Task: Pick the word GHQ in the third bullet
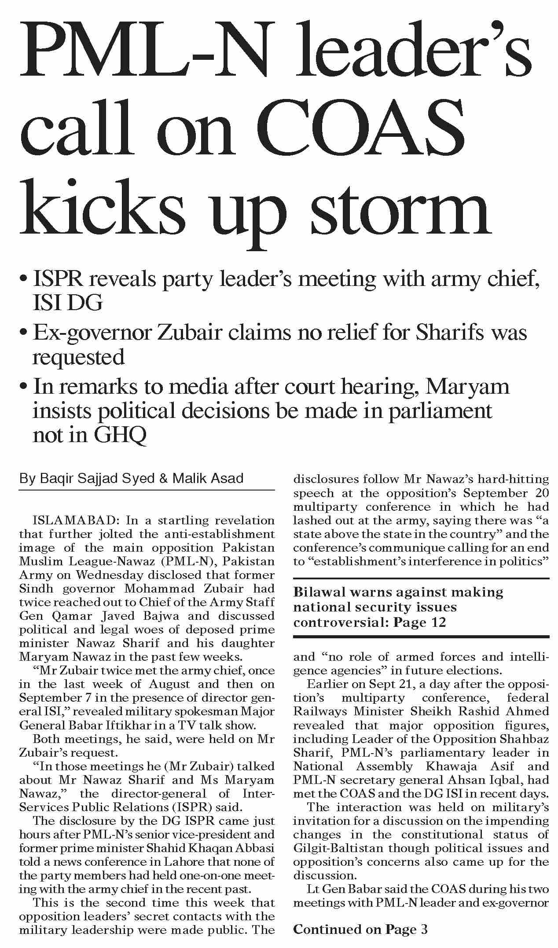pyautogui.click(x=120, y=436)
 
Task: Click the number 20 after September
pyautogui.click(x=540, y=493)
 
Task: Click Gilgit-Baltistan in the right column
pyautogui.click(x=338, y=848)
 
